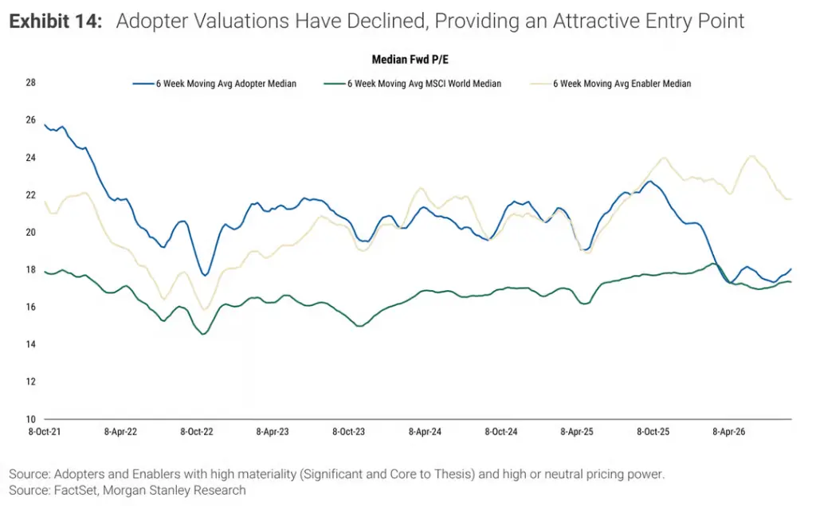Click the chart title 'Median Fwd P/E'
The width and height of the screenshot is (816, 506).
[x=410, y=59]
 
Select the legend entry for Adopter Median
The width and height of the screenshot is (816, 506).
[x=214, y=84]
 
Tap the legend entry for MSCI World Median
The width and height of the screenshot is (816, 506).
[x=412, y=84]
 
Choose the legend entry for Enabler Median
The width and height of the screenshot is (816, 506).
[x=610, y=84]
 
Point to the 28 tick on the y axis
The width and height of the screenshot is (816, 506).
[x=31, y=82]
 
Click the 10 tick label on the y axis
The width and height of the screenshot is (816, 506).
[x=31, y=419]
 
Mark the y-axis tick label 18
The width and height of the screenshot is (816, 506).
[x=31, y=269]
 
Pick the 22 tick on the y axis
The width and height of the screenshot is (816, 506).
[x=31, y=194]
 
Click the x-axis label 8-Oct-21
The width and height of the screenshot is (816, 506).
[x=45, y=432]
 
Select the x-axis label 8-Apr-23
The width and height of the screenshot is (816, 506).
[x=273, y=432]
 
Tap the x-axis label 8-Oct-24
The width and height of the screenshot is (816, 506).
[x=500, y=432]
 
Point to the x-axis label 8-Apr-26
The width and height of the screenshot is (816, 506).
[x=728, y=432]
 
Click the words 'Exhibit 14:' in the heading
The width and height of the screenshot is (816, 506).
[x=56, y=21]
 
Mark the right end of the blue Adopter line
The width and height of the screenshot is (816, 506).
[x=791, y=269]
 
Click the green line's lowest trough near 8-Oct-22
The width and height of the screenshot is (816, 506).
[x=203, y=334]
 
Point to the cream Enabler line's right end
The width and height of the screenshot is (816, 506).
[x=791, y=199]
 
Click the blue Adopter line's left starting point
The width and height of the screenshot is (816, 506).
[x=45, y=125]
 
